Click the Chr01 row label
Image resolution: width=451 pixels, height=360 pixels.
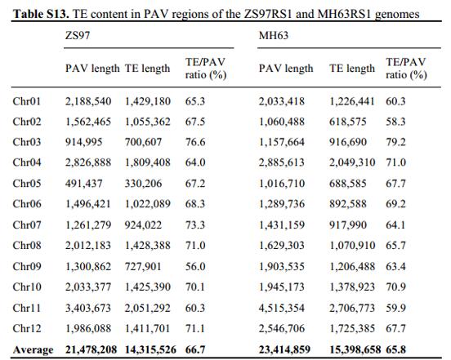click(27, 101)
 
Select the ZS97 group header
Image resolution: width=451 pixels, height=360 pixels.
click(78, 35)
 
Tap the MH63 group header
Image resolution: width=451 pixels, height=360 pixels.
click(274, 35)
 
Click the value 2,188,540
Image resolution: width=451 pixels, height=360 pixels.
click(88, 101)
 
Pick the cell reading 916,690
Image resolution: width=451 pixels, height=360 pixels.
click(348, 142)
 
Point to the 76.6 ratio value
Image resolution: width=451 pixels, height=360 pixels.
click(195, 142)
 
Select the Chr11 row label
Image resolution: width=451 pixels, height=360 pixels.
click(27, 308)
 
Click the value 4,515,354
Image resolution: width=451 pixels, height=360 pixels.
click(282, 308)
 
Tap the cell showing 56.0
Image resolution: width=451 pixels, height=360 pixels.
click(195, 267)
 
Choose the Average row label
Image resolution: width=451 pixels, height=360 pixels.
click(33, 350)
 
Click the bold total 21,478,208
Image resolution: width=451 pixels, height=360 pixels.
click(92, 350)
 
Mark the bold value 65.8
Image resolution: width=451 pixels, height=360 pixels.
click(395, 350)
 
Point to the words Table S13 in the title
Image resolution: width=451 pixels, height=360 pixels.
click(41, 14)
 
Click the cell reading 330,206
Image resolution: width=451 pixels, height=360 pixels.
click(143, 184)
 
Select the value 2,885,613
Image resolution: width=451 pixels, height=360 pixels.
click(282, 162)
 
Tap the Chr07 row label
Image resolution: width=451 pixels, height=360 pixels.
click(27, 225)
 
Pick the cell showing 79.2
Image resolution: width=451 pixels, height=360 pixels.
click(395, 142)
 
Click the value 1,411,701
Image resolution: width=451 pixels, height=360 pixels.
click(147, 328)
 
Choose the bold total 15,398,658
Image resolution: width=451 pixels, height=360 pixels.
click(355, 350)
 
